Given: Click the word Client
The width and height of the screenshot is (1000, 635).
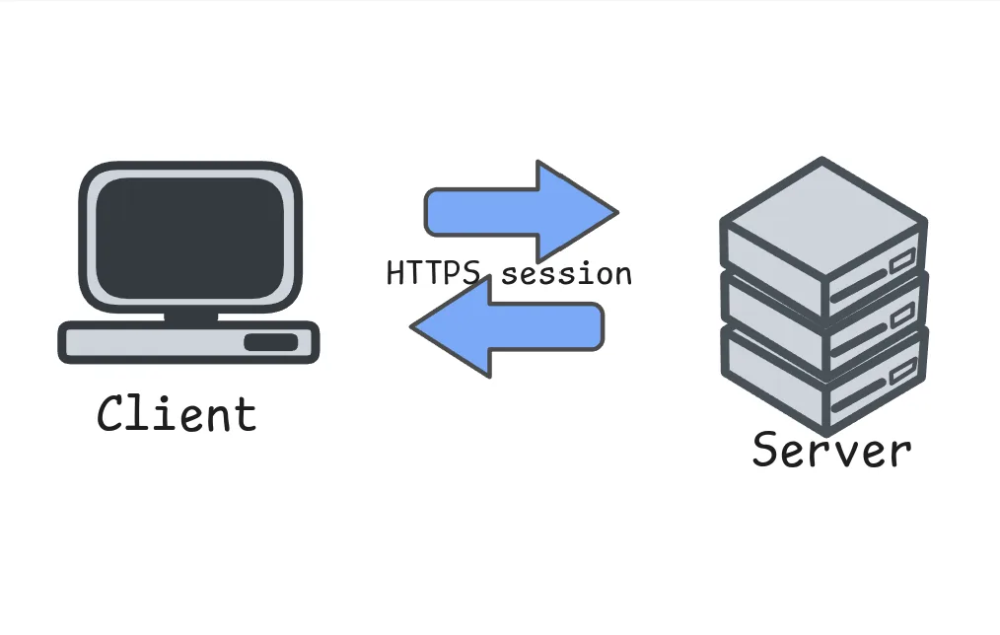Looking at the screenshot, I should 177,414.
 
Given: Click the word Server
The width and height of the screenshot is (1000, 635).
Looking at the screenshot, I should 831,451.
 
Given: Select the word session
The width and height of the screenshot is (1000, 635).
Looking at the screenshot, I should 566,273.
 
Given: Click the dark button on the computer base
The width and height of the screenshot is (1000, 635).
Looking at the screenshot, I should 270,342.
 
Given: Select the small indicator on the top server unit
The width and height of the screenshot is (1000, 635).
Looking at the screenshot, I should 902,263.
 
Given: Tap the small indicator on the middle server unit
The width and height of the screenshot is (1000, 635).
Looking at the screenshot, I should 902,318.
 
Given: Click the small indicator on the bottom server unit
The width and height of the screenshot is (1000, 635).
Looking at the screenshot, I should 902,374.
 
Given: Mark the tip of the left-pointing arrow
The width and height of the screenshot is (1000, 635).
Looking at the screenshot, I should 413,327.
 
